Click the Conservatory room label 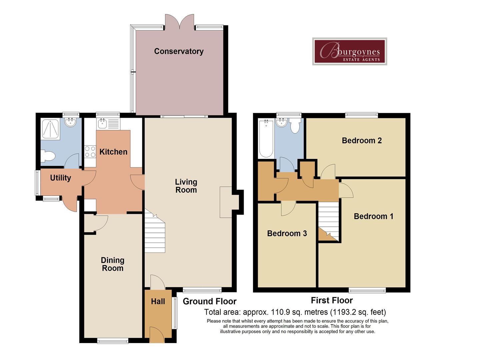click(179, 51)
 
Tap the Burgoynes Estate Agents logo click(349, 51)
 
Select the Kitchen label click(113, 152)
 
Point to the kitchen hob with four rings click(90, 151)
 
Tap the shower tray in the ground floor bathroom click(51, 129)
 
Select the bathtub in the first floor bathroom click(266, 138)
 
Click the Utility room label click(61, 178)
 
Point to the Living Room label click(186, 186)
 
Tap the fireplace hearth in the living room click(226, 202)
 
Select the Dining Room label click(113, 264)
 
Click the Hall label click(158, 301)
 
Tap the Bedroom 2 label click(362, 140)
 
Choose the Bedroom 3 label click(287, 233)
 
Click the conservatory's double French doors click(180, 21)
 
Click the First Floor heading click(332, 300)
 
